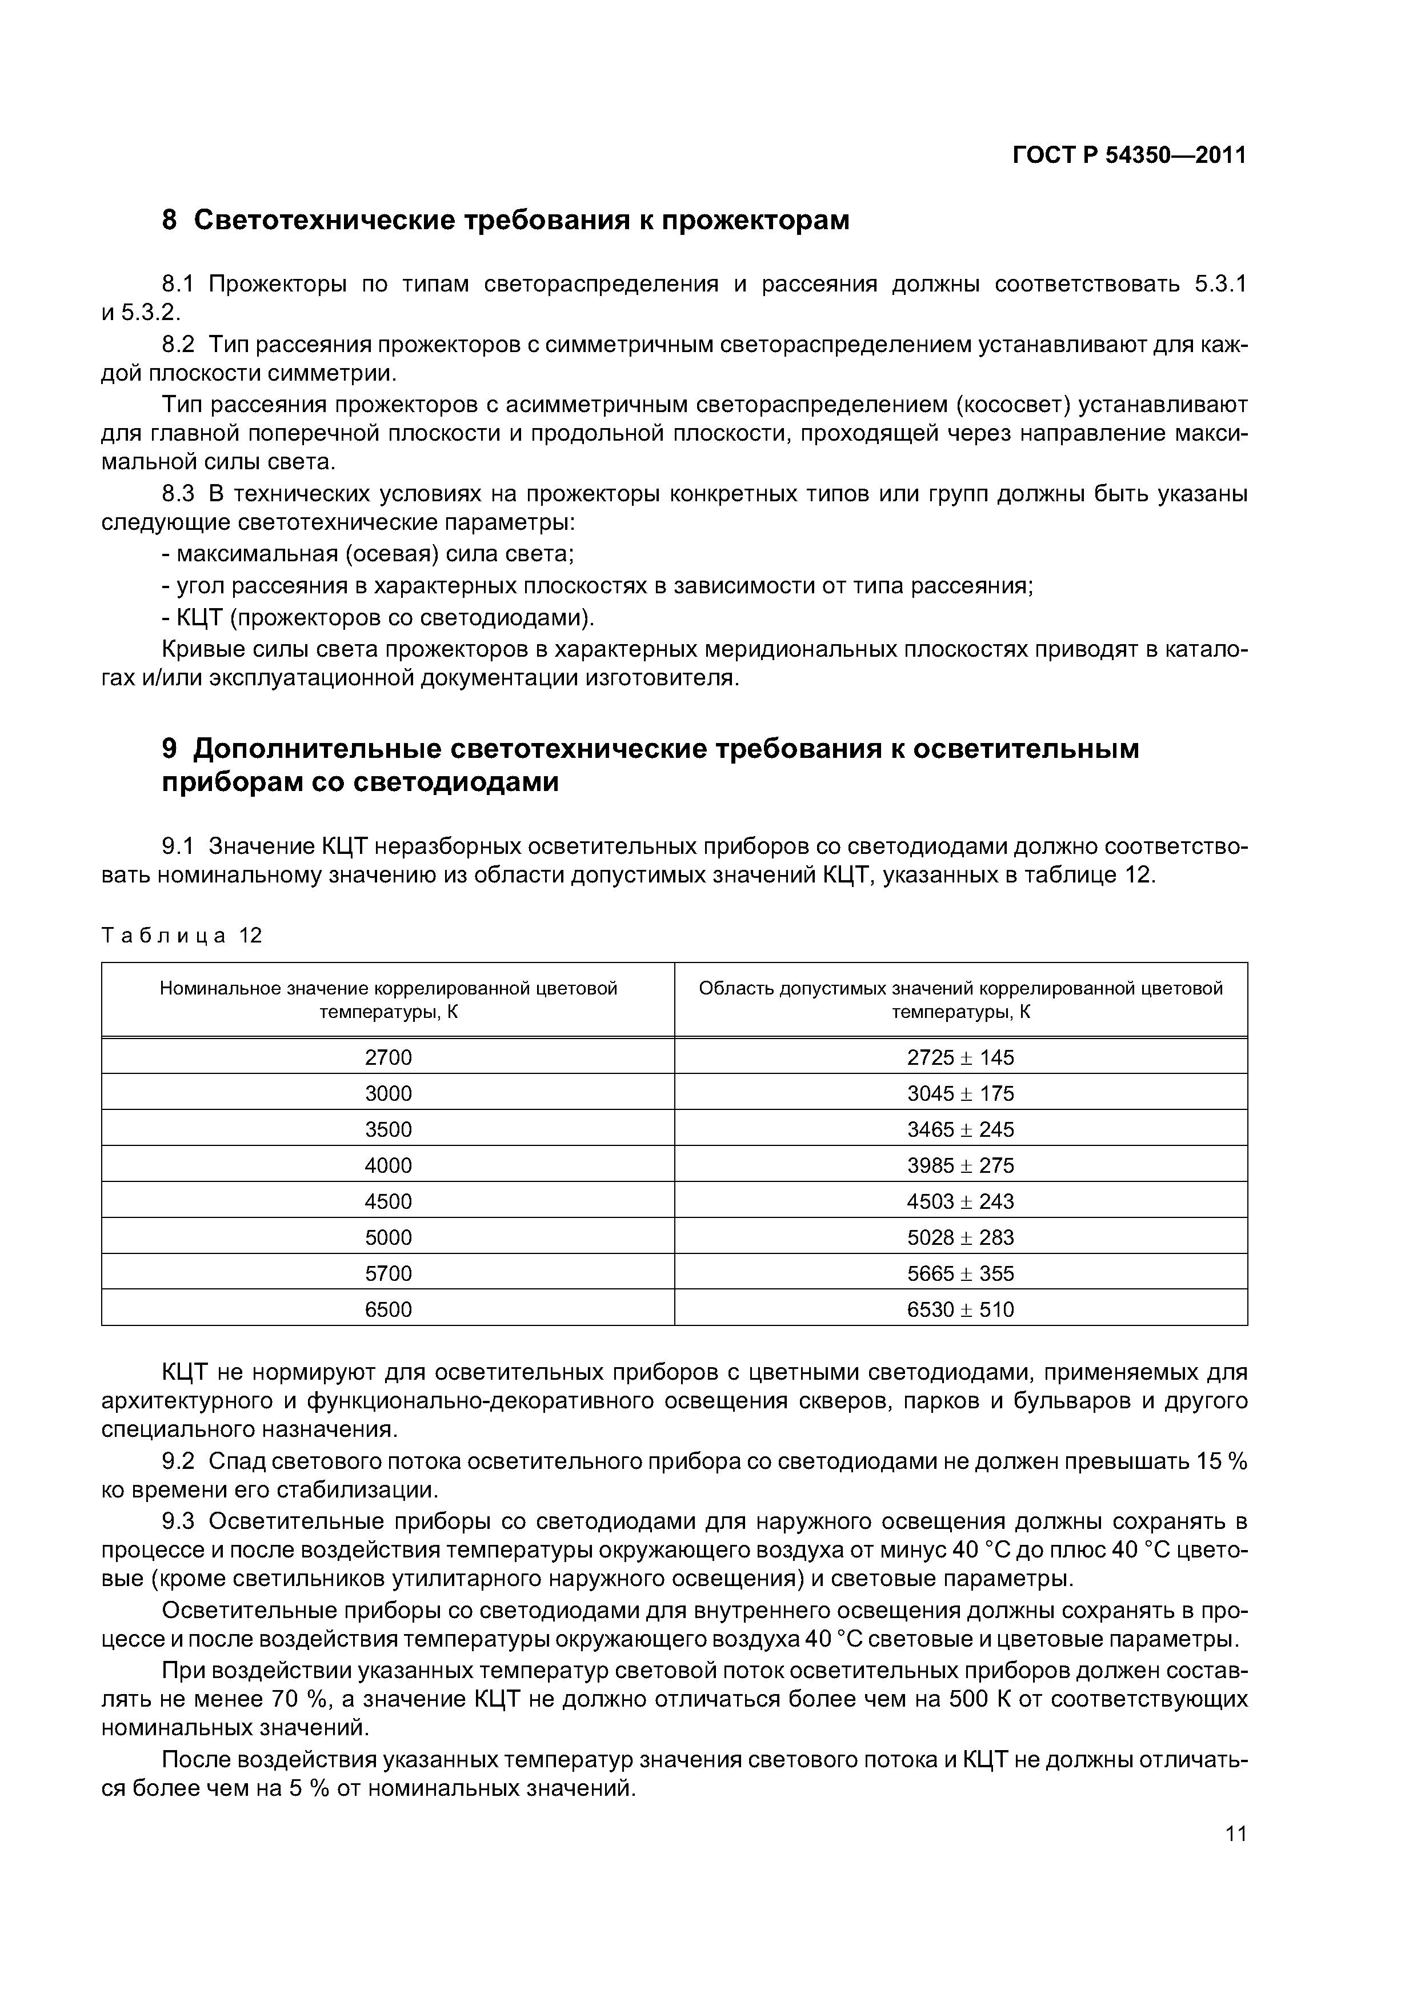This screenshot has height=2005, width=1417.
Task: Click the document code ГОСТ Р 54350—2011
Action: (1129, 155)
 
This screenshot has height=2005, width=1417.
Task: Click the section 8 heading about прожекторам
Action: (506, 220)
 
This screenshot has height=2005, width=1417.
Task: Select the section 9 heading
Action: (650, 765)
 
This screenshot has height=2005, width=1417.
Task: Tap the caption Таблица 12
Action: (182, 935)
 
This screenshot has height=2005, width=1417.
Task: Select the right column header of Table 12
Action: (960, 999)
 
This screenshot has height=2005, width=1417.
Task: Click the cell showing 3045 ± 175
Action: (960, 1093)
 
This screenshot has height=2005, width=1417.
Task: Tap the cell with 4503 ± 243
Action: (960, 1201)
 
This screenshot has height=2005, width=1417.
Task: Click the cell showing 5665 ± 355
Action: (960, 1273)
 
